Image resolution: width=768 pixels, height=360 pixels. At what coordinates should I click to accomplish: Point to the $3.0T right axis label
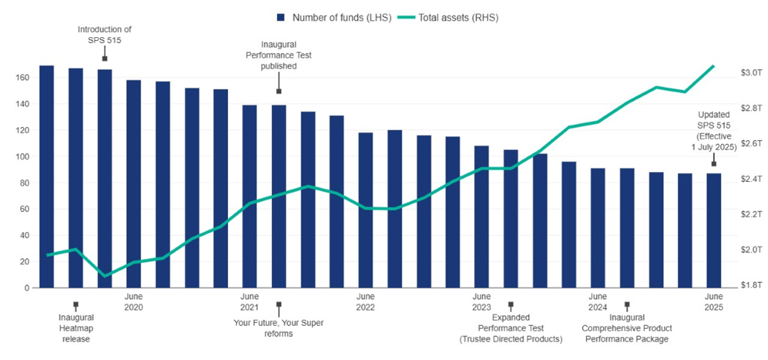pos(751,73)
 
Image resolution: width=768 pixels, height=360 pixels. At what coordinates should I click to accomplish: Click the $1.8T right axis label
pos(751,285)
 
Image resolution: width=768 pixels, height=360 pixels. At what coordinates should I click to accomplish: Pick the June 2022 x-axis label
pos(365,302)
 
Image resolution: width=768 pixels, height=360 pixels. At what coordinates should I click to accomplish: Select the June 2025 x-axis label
pos(714,302)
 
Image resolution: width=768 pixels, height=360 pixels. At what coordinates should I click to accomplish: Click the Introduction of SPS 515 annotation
pos(105,35)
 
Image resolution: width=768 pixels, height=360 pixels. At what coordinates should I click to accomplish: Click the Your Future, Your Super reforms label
pos(279,328)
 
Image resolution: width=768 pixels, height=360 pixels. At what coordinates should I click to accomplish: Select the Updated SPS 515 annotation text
pos(717,131)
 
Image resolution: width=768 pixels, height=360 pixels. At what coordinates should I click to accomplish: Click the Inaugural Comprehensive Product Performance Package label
pos(628,333)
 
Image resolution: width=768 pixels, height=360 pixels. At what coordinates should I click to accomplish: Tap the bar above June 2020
pos(134,184)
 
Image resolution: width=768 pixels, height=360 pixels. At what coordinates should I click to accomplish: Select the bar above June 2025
pos(714,230)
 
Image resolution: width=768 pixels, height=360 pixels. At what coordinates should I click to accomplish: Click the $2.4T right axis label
pos(751,179)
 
